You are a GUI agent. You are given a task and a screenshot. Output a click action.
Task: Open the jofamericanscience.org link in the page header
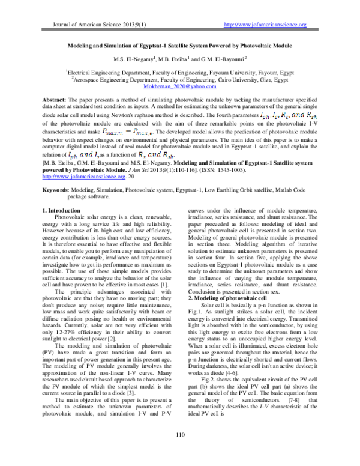point(265,25)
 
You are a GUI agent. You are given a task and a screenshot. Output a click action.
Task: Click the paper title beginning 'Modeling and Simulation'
point(179,44)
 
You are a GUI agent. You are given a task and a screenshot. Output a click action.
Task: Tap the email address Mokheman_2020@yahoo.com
point(179,87)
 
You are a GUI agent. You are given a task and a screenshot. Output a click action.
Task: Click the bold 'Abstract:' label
point(58,98)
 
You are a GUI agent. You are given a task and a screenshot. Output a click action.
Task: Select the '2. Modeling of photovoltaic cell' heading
point(226,280)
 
